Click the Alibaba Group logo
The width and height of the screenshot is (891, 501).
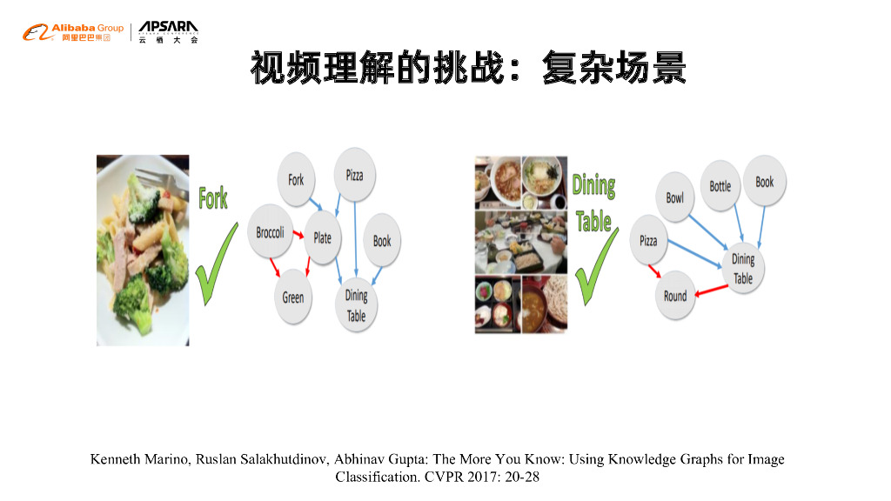(73, 33)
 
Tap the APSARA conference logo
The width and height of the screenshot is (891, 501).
(168, 33)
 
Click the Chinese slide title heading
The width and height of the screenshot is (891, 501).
(468, 68)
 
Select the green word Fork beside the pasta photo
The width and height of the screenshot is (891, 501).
(213, 198)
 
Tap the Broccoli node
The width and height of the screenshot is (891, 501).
(271, 232)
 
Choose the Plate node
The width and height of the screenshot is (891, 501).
(322, 237)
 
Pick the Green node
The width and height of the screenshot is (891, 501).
(293, 297)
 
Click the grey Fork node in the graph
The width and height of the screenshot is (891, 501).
(297, 180)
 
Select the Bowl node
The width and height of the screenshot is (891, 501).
(675, 197)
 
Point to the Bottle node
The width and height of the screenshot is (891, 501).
(720, 185)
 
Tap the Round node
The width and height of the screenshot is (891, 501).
(675, 296)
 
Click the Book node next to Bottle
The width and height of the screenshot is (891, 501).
(765, 182)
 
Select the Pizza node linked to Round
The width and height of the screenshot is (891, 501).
(649, 240)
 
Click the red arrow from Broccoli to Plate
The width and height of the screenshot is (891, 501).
(298, 235)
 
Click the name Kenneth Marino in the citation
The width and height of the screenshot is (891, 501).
(131, 459)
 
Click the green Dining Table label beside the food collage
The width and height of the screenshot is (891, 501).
(594, 204)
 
